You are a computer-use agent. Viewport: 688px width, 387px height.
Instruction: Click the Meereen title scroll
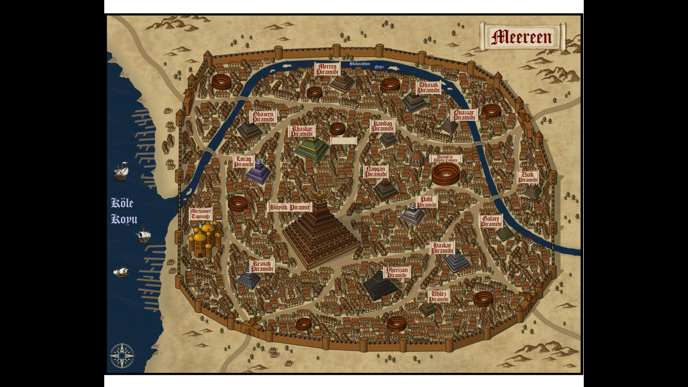[x=522, y=36]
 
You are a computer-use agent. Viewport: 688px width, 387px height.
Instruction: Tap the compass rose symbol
[x=122, y=355]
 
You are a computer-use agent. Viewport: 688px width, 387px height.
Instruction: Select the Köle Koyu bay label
[x=124, y=211]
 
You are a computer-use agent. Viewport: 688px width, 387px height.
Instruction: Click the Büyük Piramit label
[x=290, y=207]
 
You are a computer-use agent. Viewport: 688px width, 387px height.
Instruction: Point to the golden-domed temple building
[x=204, y=239]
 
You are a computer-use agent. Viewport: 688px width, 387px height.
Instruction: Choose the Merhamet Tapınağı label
[x=200, y=213]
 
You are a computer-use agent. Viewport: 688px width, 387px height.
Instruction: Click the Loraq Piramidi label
[x=243, y=161]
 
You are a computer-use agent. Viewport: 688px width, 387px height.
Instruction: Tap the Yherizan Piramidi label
[x=397, y=272]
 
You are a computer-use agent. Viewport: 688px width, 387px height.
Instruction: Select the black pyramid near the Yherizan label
[x=379, y=286]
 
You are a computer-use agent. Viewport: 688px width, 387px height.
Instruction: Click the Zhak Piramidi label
[x=528, y=177]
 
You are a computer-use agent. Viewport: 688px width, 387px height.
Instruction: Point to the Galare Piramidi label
[x=491, y=221]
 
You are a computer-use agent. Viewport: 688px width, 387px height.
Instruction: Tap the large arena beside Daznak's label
[x=445, y=174]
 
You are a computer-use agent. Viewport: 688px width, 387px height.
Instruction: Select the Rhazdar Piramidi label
[x=302, y=131]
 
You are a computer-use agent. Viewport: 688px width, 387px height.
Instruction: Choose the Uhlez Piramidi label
[x=439, y=296]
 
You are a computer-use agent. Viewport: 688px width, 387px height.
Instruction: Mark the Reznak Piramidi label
[x=262, y=266]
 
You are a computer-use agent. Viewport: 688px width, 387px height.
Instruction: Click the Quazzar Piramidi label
[x=463, y=115]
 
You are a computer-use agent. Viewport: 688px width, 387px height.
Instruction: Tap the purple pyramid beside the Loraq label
[x=258, y=173]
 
